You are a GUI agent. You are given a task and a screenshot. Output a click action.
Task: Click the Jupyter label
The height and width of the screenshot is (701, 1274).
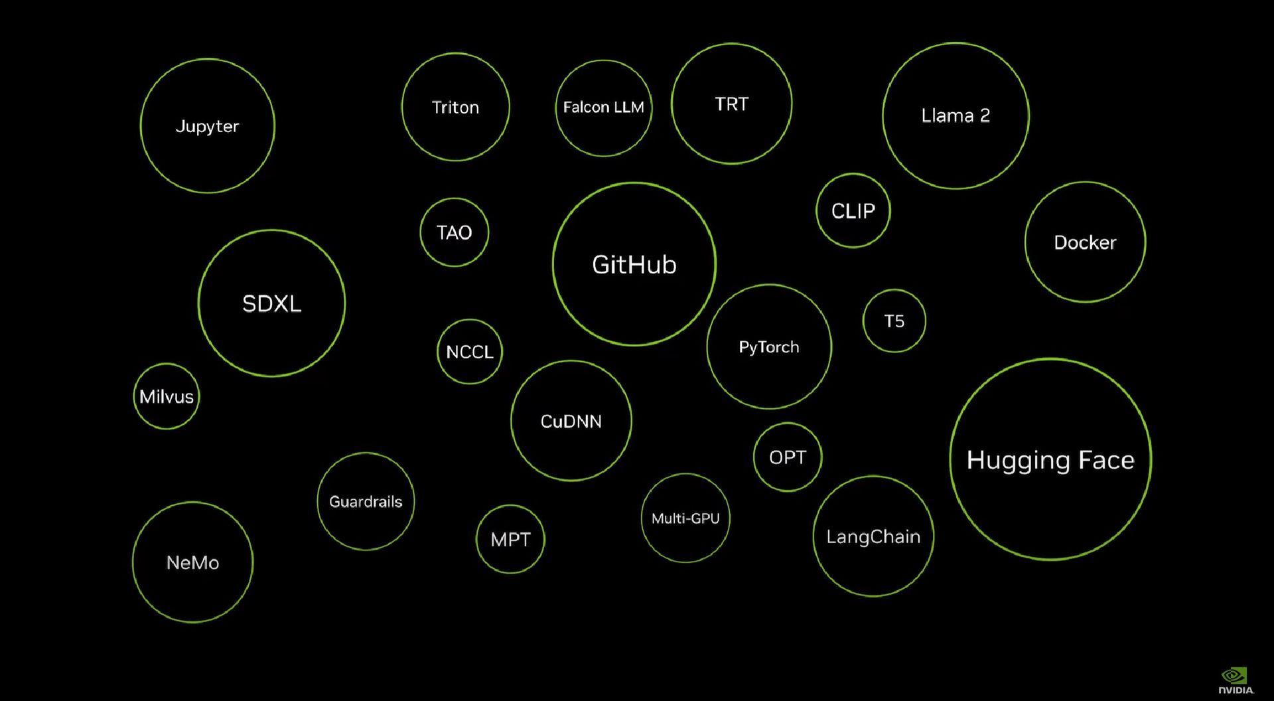tap(207, 127)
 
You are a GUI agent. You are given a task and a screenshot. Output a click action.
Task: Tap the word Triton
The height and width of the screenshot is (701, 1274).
tap(455, 107)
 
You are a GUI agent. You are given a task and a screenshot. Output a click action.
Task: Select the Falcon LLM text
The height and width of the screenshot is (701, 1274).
tap(603, 107)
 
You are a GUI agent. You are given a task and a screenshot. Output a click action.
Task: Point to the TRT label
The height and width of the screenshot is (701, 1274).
tap(731, 104)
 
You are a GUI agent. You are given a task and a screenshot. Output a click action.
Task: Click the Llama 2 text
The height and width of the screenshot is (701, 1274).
tap(955, 116)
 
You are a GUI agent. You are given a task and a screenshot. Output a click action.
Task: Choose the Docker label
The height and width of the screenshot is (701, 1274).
tap(1085, 242)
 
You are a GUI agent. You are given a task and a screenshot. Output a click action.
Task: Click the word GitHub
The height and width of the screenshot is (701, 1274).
tap(634, 264)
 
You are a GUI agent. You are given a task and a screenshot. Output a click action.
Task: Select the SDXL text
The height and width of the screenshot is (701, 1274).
tap(271, 303)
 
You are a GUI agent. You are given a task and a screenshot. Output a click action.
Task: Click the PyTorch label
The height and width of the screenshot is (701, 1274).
tap(769, 347)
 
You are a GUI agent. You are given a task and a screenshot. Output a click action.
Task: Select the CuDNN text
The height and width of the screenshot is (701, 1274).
tap(571, 422)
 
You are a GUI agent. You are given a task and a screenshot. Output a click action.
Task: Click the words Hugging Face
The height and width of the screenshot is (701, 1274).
tap(1050, 460)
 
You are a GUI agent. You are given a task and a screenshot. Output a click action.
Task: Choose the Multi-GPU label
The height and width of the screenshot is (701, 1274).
tap(685, 518)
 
